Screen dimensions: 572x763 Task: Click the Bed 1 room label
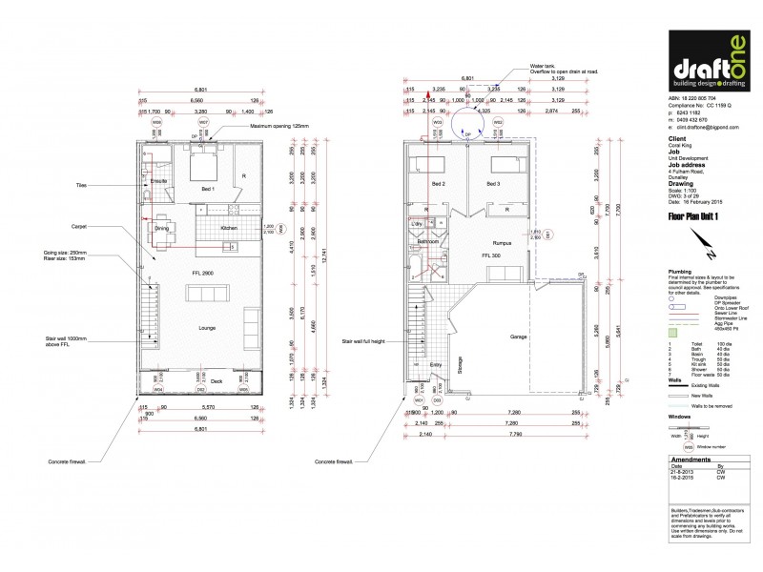click(x=207, y=190)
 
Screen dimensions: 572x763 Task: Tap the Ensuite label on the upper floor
click(x=159, y=179)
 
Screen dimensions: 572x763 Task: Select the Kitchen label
click(x=229, y=228)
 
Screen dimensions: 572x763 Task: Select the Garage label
click(x=519, y=337)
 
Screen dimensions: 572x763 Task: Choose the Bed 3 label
click(x=493, y=183)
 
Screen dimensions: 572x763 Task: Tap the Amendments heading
click(x=687, y=460)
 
